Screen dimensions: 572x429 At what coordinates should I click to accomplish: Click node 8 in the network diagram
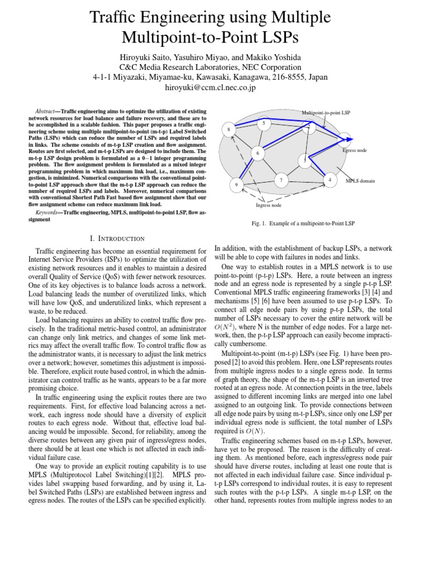229,130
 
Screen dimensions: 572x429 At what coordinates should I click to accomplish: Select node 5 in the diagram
264,122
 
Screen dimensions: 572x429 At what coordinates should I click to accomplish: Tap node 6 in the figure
258,153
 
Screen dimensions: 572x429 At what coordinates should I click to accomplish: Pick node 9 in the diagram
236,184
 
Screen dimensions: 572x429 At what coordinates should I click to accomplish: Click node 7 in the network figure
281,180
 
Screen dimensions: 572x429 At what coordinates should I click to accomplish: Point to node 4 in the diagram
330,180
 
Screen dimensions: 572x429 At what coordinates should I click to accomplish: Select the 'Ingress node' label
266,206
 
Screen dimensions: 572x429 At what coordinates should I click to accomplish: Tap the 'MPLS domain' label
360,181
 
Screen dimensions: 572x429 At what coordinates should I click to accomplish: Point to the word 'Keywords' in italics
47,213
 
